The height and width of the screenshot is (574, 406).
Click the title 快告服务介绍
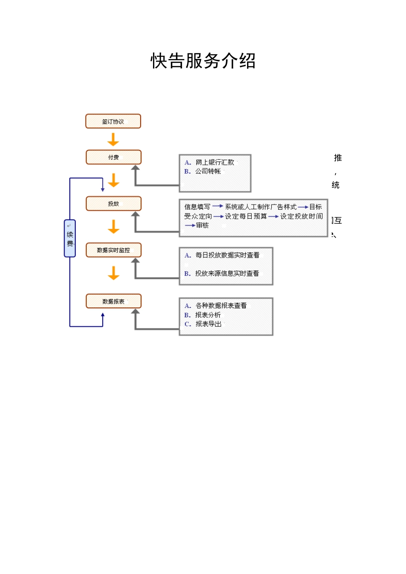[x=203, y=61]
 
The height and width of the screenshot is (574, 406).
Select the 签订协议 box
[x=113, y=121]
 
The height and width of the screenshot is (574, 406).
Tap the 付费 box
[x=113, y=157]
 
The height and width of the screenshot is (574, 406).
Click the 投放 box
[x=113, y=204]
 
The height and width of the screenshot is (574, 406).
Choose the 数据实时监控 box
[x=113, y=250]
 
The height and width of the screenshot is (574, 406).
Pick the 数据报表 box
[x=113, y=301]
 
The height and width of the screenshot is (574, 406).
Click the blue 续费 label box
[x=70, y=238]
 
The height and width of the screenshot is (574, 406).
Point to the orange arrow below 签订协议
[x=113, y=139]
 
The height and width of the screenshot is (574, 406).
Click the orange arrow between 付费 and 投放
[x=113, y=180]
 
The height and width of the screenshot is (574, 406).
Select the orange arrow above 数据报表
[x=113, y=273]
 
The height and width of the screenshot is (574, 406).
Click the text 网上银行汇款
[x=215, y=162]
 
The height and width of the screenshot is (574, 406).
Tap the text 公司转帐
[x=208, y=171]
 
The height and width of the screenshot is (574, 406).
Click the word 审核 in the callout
[x=202, y=225]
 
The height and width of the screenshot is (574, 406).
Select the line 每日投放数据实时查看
[x=227, y=255]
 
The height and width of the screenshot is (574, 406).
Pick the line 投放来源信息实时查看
[x=227, y=273]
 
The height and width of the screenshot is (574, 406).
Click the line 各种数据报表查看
[x=221, y=305]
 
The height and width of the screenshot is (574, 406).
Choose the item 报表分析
[x=208, y=315]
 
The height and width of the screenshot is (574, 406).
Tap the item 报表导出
[x=208, y=324]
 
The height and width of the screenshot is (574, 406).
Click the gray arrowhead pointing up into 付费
[x=135, y=168]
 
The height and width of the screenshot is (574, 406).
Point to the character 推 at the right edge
[x=338, y=158]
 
